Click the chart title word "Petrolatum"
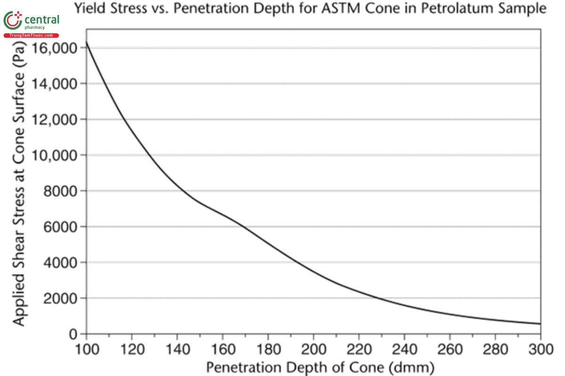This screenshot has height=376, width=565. point(460,8)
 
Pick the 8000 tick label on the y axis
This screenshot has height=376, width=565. point(58,191)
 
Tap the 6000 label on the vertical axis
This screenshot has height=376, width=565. point(58,227)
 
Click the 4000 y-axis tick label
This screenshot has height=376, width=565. point(58,262)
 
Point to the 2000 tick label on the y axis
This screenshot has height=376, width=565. point(58,298)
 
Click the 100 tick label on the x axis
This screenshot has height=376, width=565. point(86,350)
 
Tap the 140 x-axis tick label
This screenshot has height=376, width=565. point(177,350)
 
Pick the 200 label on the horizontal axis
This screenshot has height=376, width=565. point(313,350)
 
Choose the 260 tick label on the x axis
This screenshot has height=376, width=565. point(450,350)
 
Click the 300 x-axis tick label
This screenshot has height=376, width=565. point(540,350)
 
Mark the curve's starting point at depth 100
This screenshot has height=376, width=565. point(86,42)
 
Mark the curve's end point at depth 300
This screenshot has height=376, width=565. point(540,324)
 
